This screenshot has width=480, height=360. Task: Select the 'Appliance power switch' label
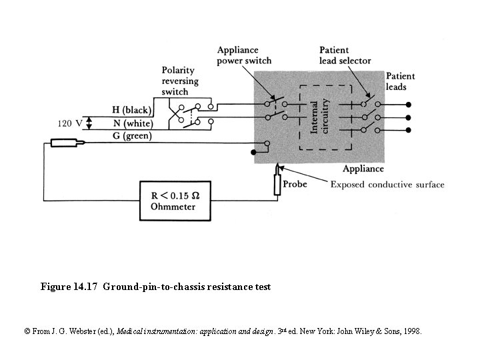pyautogui.click(x=244, y=55)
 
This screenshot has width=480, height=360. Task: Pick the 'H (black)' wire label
pyautogui.click(x=132, y=110)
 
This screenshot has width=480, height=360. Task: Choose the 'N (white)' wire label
pyautogui.click(x=132, y=123)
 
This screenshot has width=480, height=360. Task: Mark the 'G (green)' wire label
pyautogui.click(x=132, y=136)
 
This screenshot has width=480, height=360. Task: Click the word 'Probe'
pyautogui.click(x=295, y=184)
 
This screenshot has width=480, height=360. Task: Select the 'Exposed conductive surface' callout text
pyautogui.click(x=387, y=185)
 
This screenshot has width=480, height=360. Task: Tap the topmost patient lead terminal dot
pyautogui.click(x=408, y=105)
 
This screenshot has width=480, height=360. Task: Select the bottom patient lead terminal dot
pyautogui.click(x=408, y=130)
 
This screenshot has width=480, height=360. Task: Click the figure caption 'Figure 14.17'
pyautogui.click(x=70, y=287)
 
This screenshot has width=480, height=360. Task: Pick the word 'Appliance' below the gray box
pyautogui.click(x=363, y=169)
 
